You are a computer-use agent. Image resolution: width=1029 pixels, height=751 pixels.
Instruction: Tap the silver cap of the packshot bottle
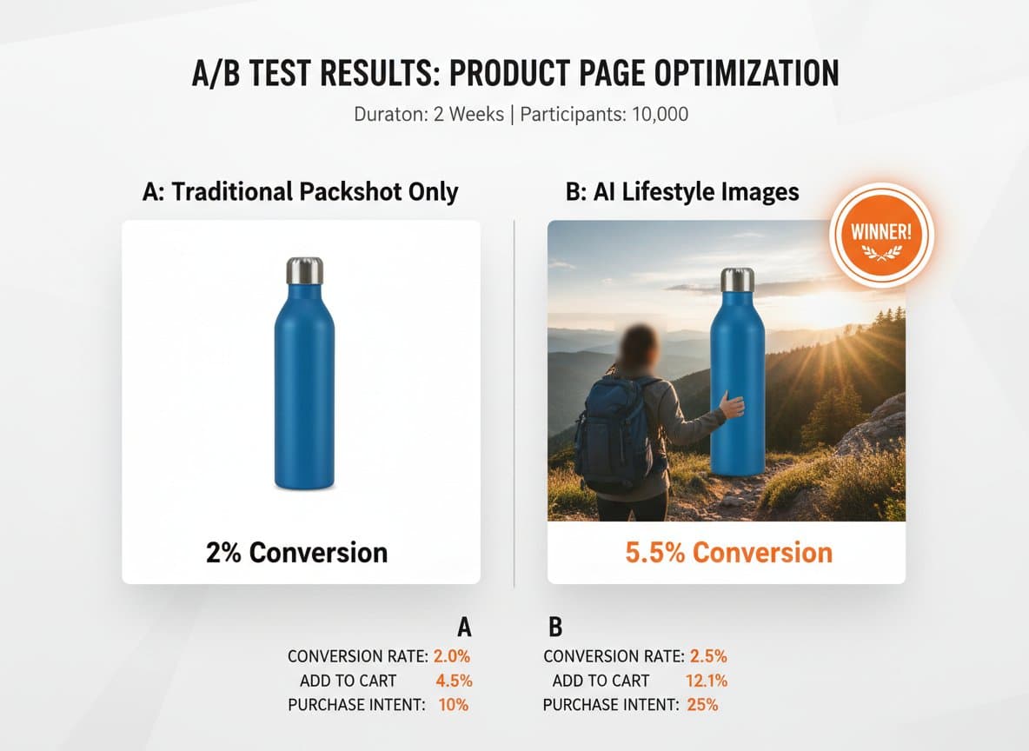tap(304, 270)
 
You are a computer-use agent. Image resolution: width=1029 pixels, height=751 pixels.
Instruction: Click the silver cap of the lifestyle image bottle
tap(737, 280)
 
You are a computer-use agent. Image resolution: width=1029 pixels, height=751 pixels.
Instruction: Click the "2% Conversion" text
tap(296, 552)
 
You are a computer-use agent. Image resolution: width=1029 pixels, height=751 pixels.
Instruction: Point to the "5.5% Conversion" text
tap(728, 552)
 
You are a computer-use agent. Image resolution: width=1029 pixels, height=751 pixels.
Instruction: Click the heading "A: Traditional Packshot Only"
tap(300, 192)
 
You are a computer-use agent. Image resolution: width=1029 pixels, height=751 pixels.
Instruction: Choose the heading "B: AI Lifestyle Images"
tap(682, 192)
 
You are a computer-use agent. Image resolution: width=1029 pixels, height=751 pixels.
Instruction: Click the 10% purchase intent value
tap(453, 705)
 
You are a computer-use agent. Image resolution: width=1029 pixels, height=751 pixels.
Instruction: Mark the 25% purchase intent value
tap(702, 705)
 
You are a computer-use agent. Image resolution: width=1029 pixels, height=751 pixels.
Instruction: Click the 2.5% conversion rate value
tap(707, 656)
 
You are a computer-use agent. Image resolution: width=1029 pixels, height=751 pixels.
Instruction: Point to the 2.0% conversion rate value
tap(451, 656)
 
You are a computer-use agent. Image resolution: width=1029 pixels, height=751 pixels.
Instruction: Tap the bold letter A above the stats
tap(464, 628)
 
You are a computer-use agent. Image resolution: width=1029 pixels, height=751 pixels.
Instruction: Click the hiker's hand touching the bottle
tap(732, 405)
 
